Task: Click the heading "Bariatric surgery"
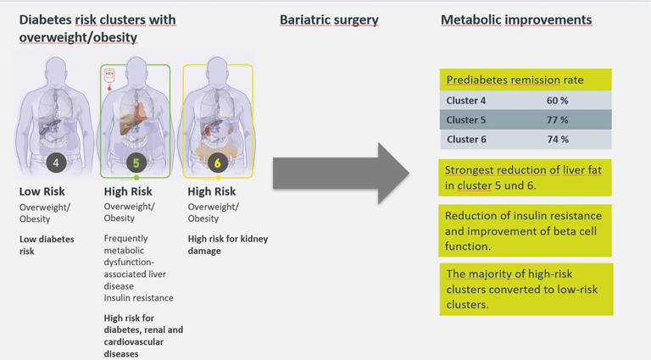pyautogui.click(x=329, y=19)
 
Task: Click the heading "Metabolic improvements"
pyautogui.click(x=516, y=19)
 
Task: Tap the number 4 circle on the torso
pyautogui.click(x=56, y=162)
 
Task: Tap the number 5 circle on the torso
pyautogui.click(x=136, y=162)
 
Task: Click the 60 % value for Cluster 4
pyautogui.click(x=557, y=100)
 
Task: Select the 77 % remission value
pyautogui.click(x=557, y=119)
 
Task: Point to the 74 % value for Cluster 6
pyautogui.click(x=557, y=139)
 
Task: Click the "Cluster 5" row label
pyautogui.click(x=467, y=119)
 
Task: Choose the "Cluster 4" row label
pyautogui.click(x=467, y=100)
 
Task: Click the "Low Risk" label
pyautogui.click(x=42, y=191)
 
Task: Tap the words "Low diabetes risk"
pyautogui.click(x=47, y=245)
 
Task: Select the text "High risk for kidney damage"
pyautogui.click(x=227, y=245)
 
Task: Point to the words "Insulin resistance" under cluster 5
pyautogui.click(x=139, y=297)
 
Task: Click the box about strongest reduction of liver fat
pyautogui.click(x=526, y=177)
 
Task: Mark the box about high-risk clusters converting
pyautogui.click(x=526, y=289)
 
